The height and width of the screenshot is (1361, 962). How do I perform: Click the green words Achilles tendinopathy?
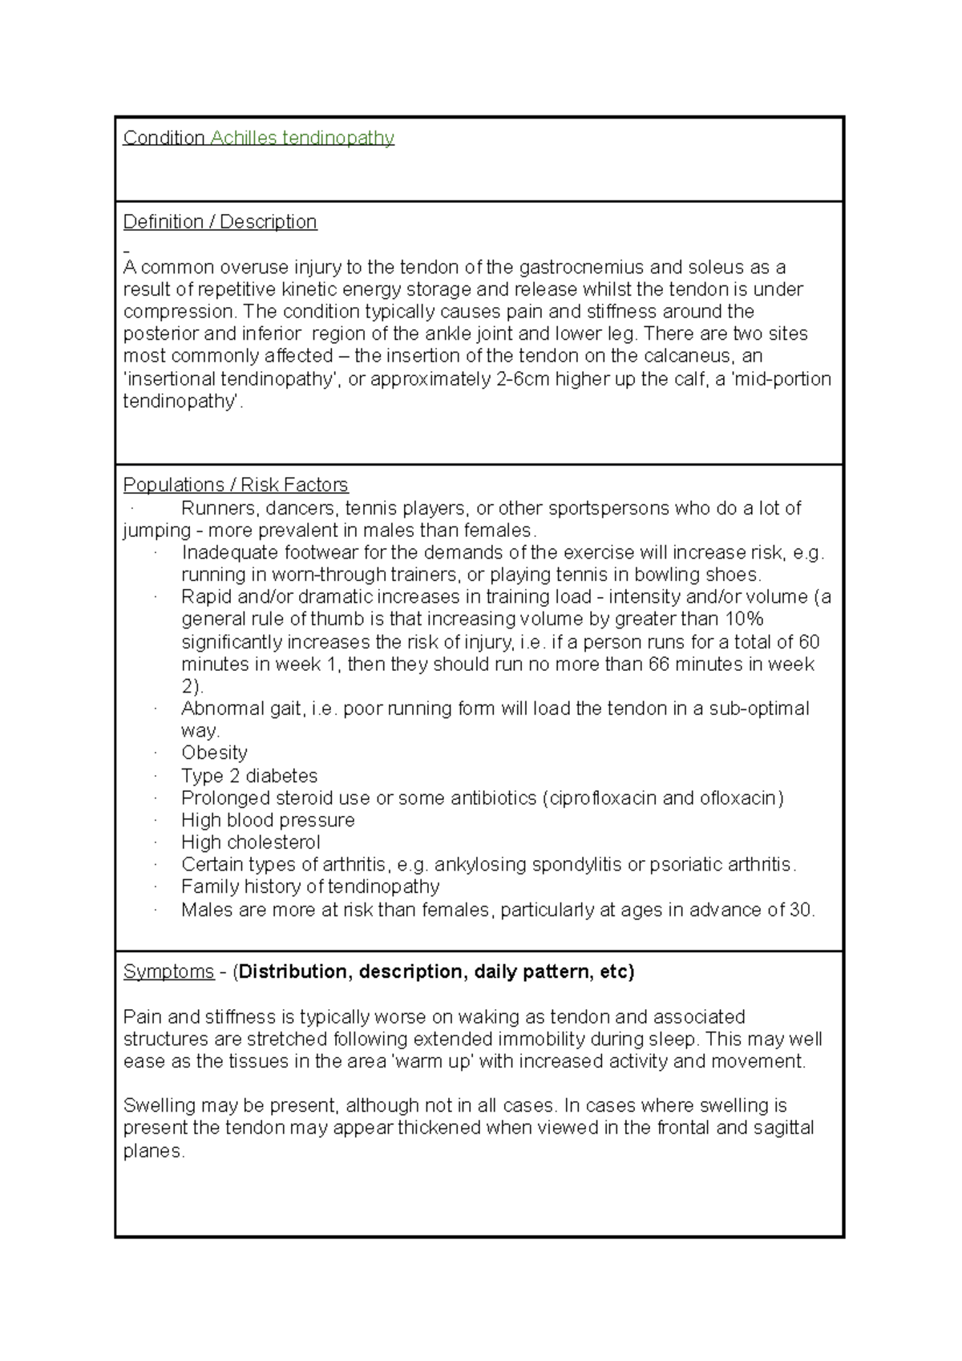302,138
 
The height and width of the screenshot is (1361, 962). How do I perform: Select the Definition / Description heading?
220,222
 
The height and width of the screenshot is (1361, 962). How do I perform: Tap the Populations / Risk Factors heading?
236,485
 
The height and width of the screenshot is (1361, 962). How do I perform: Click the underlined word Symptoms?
168,972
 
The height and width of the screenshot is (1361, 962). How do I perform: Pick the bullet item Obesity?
214,753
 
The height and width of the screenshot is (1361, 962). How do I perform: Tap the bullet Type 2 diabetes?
249,776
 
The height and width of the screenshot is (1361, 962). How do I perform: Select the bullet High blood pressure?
268,820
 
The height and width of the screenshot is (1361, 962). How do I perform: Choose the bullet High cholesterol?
250,842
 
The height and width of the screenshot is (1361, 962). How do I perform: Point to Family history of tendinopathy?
310,887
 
